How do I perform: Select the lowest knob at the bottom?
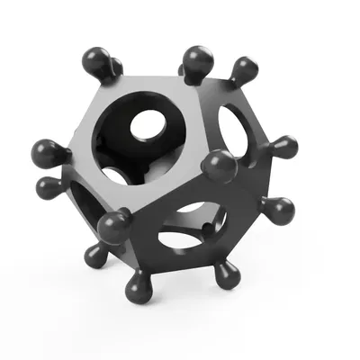point(138,287)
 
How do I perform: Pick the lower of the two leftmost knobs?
point(48,186)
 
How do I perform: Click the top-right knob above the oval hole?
point(244,69)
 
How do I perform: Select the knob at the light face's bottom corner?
point(112,225)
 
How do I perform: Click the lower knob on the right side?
point(279,211)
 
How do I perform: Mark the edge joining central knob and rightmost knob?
point(247,157)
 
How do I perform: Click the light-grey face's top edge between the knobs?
point(144,76)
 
